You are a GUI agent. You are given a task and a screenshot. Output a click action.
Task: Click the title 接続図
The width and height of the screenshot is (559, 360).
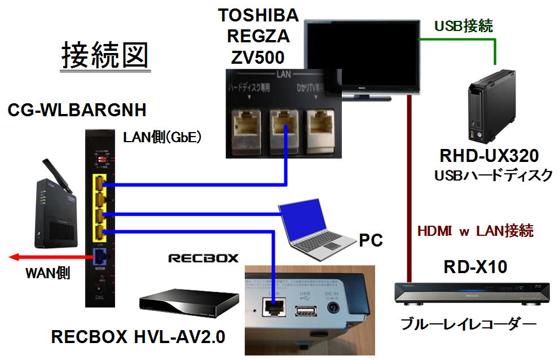105,56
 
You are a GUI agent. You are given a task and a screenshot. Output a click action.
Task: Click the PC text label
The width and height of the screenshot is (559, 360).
371,241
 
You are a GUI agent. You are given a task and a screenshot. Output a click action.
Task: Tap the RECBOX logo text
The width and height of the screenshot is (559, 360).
203,258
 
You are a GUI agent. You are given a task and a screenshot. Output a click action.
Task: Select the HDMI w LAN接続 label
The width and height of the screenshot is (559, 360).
475,231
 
